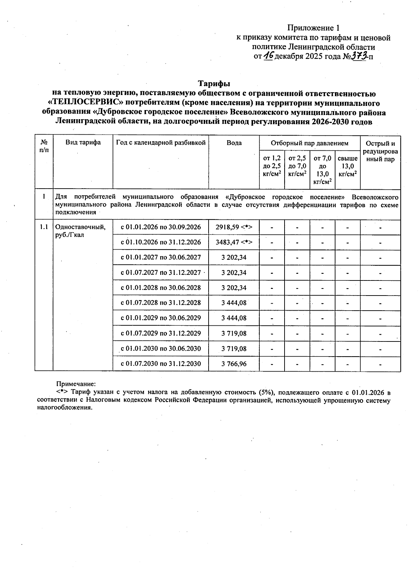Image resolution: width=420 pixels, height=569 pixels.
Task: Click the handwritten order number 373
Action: pos(358,55)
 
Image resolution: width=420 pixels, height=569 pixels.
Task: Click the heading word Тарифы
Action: pos(214,84)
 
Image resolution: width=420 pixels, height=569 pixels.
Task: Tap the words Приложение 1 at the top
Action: pos(313,28)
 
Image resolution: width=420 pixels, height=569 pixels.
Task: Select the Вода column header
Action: pos(234,143)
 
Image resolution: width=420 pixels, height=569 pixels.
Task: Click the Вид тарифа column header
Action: pos(83,142)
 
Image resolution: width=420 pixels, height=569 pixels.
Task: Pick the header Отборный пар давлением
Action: pos(310,143)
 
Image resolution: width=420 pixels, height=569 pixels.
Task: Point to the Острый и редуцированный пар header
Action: pos(380,151)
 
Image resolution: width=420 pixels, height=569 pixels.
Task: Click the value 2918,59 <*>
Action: pos(234,227)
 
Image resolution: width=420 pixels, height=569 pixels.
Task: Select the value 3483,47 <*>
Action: pos(234,242)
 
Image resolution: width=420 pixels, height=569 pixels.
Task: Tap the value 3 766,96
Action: pos(234,364)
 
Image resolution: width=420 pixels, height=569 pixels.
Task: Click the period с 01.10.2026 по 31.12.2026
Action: pos(161,242)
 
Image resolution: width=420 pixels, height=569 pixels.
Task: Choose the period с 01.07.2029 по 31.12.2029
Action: pos(161,333)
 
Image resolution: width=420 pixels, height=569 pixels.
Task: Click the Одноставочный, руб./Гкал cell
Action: pos(80,231)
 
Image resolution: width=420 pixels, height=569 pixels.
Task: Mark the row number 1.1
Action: pos(44,227)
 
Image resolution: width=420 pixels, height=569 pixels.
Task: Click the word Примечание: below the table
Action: pos(76,384)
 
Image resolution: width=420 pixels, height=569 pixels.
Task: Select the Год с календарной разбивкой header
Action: pos(161,143)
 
